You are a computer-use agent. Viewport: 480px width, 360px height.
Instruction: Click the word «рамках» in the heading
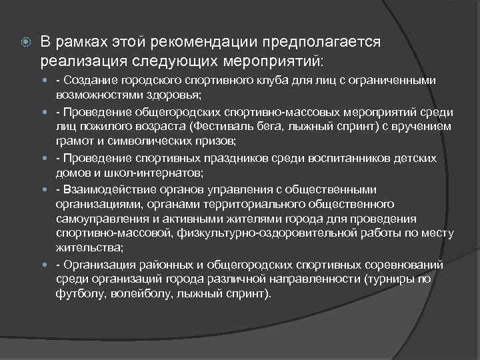(x=81, y=42)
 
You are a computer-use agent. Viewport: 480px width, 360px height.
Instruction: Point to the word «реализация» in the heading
(x=81, y=61)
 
